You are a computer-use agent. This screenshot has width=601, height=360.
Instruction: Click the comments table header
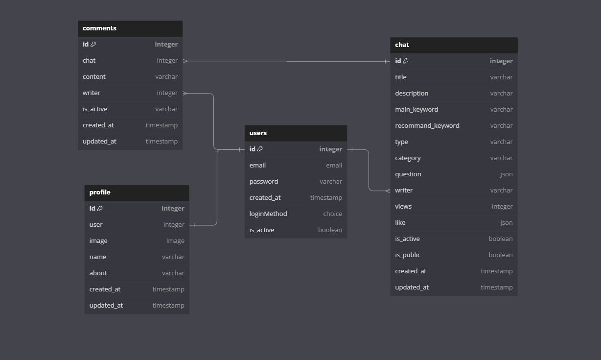tap(99, 28)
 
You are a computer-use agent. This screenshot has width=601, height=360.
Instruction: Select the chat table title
tap(402, 45)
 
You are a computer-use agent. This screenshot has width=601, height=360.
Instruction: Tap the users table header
tap(258, 133)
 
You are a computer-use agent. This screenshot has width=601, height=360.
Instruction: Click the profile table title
tap(100, 192)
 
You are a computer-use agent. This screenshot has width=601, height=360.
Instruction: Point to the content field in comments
tap(94, 77)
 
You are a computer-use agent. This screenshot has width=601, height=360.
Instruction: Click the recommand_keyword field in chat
tap(427, 126)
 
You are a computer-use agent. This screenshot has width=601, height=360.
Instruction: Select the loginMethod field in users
tap(268, 214)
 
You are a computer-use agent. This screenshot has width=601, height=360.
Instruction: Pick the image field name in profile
tap(98, 241)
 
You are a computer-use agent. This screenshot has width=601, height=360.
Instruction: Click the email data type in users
tap(334, 166)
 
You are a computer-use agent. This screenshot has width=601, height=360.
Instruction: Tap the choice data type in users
tap(332, 214)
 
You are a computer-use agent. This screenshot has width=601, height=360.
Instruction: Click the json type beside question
tap(506, 174)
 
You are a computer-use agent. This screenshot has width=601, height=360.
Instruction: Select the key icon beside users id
tap(260, 149)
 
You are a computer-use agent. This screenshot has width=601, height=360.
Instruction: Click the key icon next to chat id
tap(406, 61)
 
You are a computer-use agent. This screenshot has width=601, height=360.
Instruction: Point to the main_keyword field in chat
tap(416, 110)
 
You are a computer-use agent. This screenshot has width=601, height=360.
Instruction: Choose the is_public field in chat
tap(408, 255)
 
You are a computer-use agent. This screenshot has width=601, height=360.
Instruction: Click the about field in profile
tap(98, 273)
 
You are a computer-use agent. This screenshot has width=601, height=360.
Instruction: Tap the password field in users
tap(263, 182)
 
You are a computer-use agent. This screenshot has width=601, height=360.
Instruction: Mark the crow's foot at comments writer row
tap(185, 93)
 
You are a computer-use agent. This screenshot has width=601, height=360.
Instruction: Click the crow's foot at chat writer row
tap(388, 191)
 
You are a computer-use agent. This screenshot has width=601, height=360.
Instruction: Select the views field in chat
tap(403, 207)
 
